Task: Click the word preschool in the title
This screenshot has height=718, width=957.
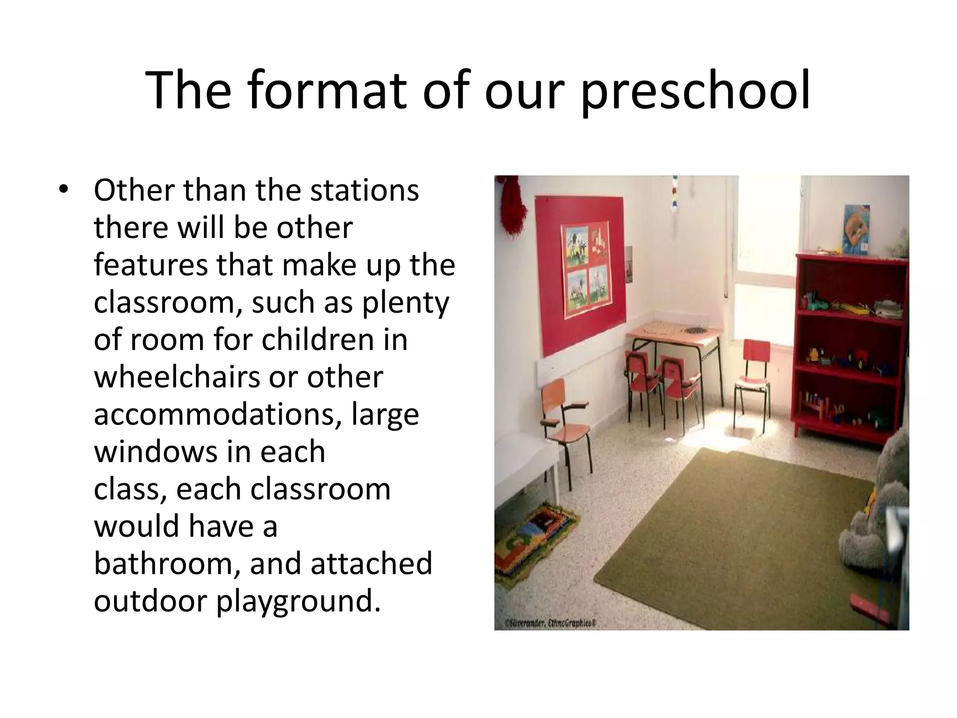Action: [x=695, y=91]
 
